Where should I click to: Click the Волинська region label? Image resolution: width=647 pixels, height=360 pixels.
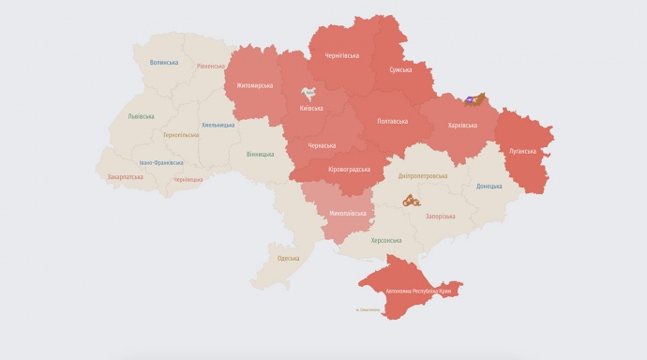coord(163,63)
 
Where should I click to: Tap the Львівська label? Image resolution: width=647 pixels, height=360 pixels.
coord(142,117)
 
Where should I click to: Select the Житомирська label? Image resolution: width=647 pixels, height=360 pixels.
coord(254,85)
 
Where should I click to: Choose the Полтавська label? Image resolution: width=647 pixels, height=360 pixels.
coord(392,121)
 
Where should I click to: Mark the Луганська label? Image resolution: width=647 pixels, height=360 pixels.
coord(521,150)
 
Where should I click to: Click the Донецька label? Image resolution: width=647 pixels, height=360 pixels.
coord(489,186)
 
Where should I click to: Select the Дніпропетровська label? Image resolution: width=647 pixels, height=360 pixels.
coord(423,175)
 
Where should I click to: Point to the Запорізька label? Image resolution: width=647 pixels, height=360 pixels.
coord(439,217)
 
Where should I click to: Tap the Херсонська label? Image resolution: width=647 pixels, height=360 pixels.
coord(386,240)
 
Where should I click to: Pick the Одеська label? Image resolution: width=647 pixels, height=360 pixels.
coord(288,258)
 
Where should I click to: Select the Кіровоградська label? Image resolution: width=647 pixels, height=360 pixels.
coord(347,169)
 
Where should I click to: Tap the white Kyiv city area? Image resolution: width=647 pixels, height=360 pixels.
coord(309,94)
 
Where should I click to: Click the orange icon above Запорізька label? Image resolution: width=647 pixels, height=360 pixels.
coord(411,200)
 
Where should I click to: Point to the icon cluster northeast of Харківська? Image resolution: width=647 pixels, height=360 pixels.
coord(475,99)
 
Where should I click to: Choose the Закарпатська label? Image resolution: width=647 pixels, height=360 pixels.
coord(125,176)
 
